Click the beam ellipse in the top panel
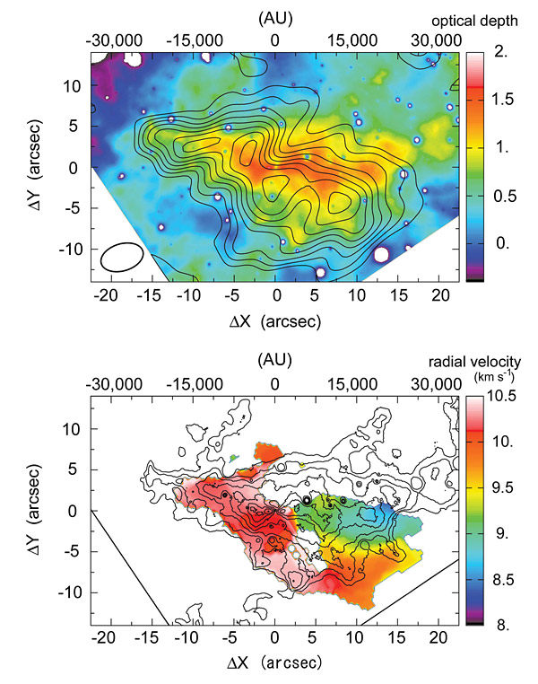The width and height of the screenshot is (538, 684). click(x=122, y=256)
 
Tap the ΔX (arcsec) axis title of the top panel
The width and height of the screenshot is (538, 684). click(x=274, y=320)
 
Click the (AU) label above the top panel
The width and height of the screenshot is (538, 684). click(x=274, y=16)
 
